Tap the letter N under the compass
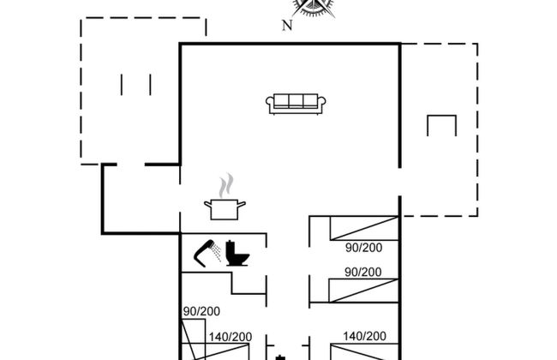click(287, 25)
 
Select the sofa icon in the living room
click(296, 104)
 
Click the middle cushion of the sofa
click(296, 100)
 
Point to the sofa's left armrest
click(270, 103)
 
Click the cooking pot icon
click(225, 209)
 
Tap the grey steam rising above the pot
click(226, 185)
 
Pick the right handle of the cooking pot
click(241, 204)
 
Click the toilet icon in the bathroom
click(237, 253)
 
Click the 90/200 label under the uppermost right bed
click(363, 248)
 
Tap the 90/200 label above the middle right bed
click(363, 273)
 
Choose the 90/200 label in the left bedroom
click(201, 311)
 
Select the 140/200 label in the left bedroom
click(231, 337)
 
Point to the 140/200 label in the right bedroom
click(364, 336)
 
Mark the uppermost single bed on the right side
click(364, 228)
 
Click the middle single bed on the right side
click(363, 291)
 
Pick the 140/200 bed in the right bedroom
click(364, 351)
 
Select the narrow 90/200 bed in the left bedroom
click(194, 339)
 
